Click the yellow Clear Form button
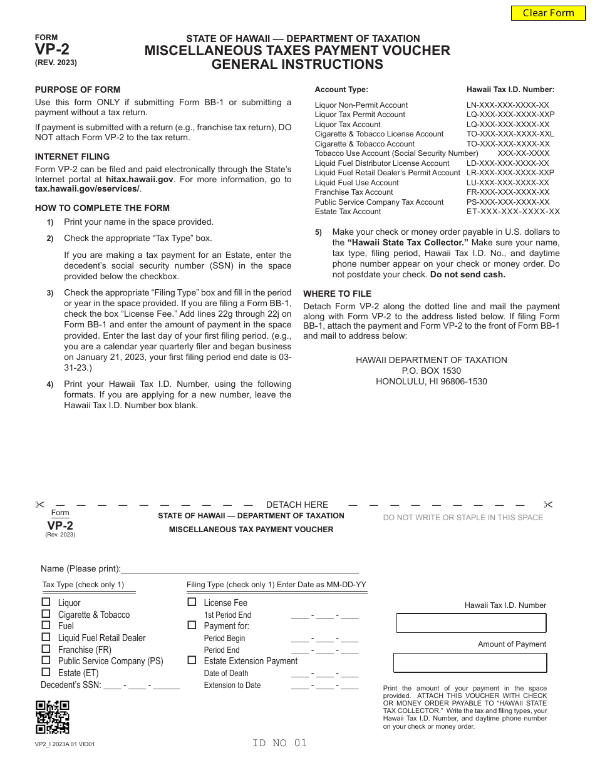pos(548,13)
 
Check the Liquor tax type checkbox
pos(46,602)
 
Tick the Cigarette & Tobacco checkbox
pos(46,613)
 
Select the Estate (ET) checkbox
pos(46,672)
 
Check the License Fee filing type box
pos(192,602)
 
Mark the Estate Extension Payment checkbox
pos(192,660)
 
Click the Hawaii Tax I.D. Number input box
pos(471,623)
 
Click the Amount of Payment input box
pos(470,662)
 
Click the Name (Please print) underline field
pos(240,568)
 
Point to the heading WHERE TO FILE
pos(337,294)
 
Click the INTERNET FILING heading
pos(72,157)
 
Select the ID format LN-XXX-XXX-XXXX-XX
pos(508,105)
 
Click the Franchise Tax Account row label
pos(354,192)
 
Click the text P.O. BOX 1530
pos(431,371)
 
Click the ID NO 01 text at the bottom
pos(279,743)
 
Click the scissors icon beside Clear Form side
pos(548,505)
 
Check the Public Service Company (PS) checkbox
pos(46,660)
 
